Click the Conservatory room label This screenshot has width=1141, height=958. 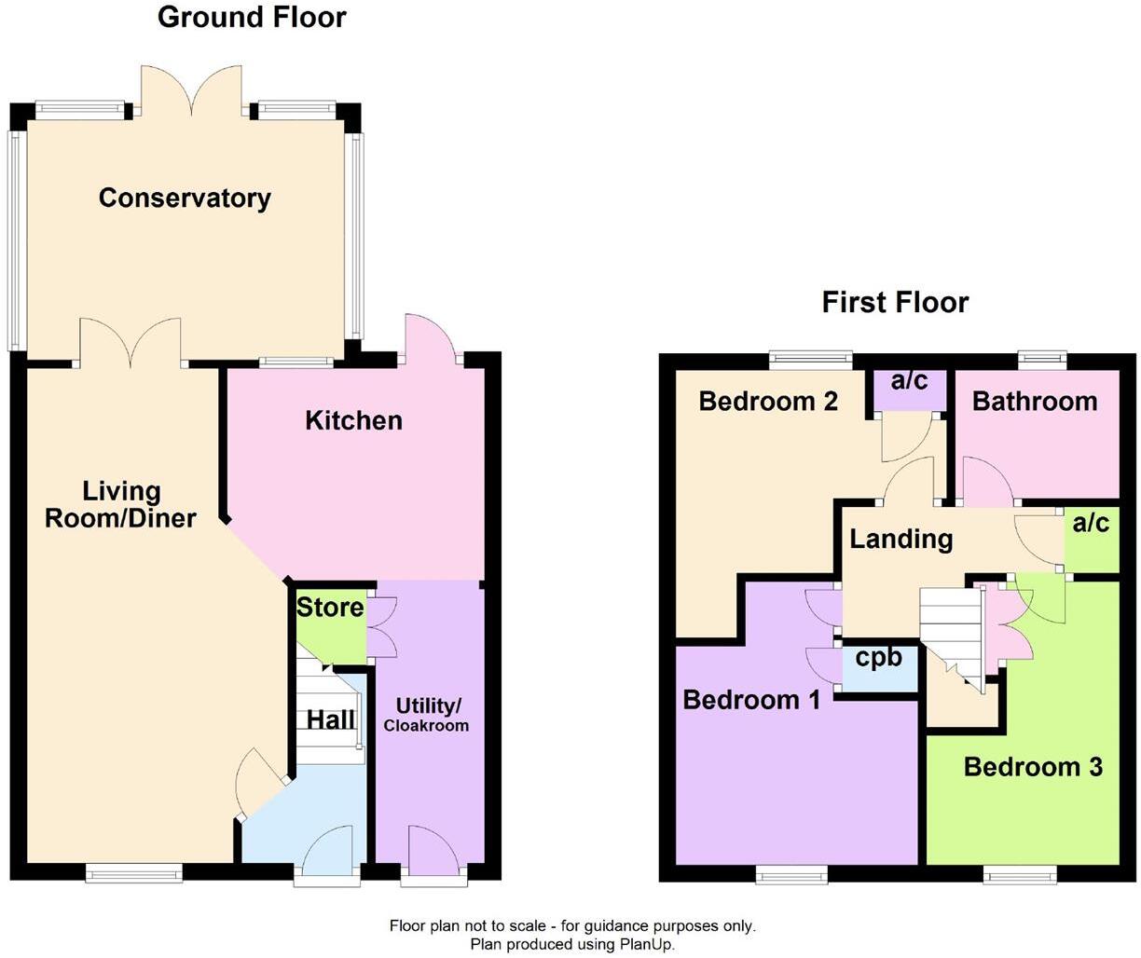point(185,198)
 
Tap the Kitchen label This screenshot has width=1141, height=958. point(353,420)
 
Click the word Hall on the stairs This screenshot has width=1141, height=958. point(331,719)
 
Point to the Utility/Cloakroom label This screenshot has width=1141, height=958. point(427,715)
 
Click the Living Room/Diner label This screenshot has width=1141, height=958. point(120,504)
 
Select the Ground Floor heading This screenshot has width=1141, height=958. point(252,17)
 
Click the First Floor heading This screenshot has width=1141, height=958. point(895,302)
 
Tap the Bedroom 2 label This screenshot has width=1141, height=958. point(768,401)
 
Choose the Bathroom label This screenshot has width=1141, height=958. point(1034,401)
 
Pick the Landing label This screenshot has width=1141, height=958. point(900,539)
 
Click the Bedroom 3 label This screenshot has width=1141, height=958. point(1033,766)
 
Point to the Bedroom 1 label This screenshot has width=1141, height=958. point(751,699)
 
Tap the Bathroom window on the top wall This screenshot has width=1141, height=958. point(1042,355)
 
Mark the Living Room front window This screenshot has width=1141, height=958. point(133,873)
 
